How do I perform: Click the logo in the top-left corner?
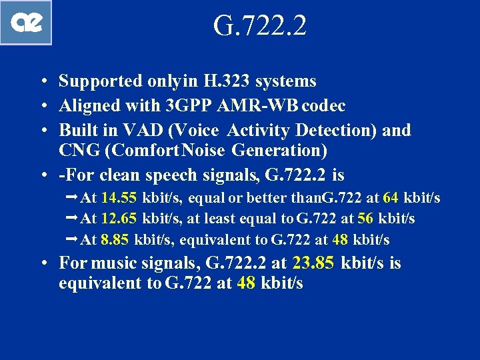click(x=26, y=23)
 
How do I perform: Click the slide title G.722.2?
click(x=260, y=26)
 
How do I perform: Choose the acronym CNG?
click(x=76, y=151)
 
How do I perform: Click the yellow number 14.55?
click(x=119, y=199)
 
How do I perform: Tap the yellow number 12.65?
click(x=119, y=219)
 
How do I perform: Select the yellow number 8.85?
click(x=116, y=239)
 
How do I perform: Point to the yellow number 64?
click(x=391, y=199)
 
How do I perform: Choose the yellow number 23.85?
click(x=313, y=263)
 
